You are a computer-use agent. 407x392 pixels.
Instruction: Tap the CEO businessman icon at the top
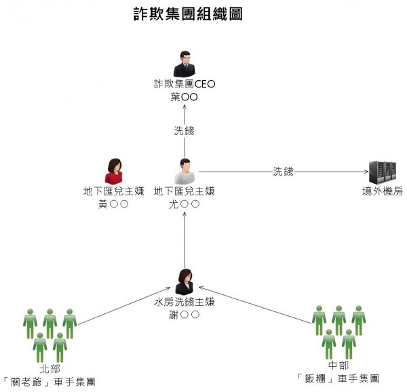coord(184,64)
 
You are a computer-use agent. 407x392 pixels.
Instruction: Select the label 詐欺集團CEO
coord(185,85)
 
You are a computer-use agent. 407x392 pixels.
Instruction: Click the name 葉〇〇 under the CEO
coord(185,98)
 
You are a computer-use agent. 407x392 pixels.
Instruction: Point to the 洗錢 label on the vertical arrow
coord(185,131)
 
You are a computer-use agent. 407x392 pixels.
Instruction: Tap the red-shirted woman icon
coord(113,171)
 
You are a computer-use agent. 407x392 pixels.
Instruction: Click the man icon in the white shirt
coord(185,171)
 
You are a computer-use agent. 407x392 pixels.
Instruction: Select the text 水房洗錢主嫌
coord(185,301)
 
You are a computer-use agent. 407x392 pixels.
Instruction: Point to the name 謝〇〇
coord(185,314)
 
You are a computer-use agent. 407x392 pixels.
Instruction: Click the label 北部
coord(50,369)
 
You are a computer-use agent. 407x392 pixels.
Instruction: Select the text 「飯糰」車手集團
coord(338,378)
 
